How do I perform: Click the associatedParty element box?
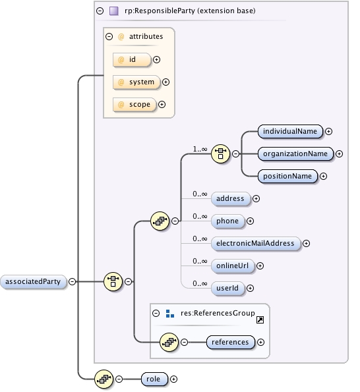pos(34,281)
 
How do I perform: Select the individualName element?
pos(289,131)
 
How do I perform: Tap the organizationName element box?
pos(295,154)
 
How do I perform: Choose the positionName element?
pos(287,176)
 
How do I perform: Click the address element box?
pos(230,198)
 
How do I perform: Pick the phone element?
pos(227,221)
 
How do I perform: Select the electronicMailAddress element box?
pos(255,243)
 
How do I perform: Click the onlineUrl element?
pos(232,266)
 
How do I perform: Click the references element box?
pos(230,342)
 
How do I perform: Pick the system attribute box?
pos(136,82)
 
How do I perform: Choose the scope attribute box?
pos(135,104)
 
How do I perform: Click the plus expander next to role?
pos(174,379)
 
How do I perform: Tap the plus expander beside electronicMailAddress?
pos(307,243)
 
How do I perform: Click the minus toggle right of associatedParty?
pos(73,281)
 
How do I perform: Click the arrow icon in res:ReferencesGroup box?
pos(260,320)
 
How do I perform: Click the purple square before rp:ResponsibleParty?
pos(114,11)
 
